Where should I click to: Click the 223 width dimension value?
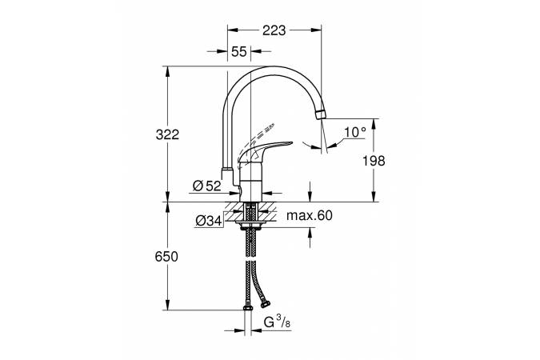[x=274, y=30]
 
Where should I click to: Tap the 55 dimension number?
[x=239, y=52]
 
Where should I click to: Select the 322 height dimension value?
[x=167, y=134]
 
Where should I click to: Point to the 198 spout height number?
[x=374, y=161]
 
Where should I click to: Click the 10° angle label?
[x=355, y=132]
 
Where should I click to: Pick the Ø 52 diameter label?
[x=206, y=186]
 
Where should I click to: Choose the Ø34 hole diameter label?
[x=209, y=221]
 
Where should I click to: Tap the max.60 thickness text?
[x=310, y=216]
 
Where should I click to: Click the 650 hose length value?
[x=166, y=257]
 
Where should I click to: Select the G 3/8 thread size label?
[x=277, y=322]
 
